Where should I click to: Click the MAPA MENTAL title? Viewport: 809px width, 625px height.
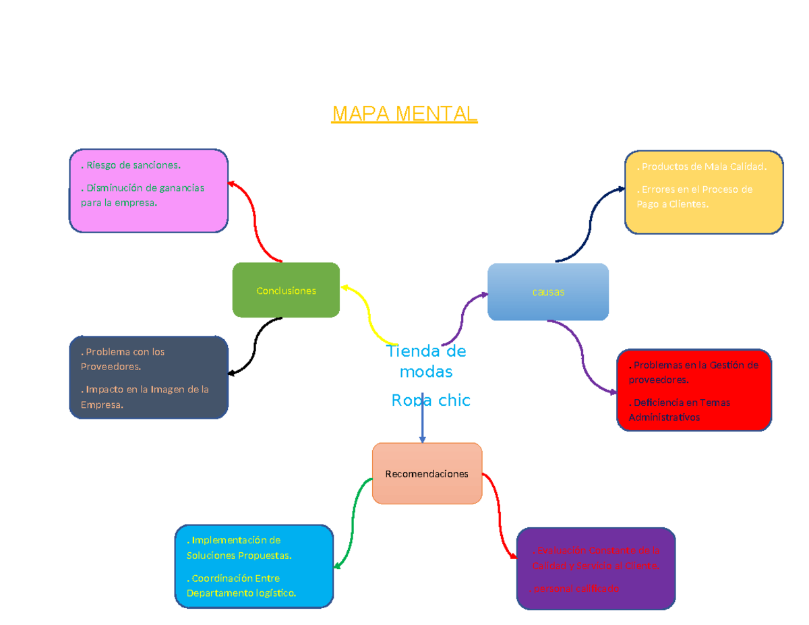pyautogui.click(x=404, y=114)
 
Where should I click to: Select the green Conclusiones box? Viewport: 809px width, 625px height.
pyautogui.click(x=286, y=290)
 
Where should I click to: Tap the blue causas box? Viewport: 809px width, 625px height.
pyautogui.click(x=547, y=292)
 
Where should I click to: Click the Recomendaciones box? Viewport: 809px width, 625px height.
pyautogui.click(x=427, y=473)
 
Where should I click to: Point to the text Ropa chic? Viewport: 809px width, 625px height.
pyautogui.click(x=430, y=400)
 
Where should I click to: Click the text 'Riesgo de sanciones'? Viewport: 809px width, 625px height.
pyautogui.click(x=131, y=165)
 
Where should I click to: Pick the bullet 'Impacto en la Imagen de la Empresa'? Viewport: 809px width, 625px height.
pyautogui.click(x=144, y=397)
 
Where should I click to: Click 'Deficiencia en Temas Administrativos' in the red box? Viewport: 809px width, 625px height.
pyautogui.click(x=679, y=410)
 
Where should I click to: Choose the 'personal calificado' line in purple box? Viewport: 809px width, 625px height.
pyautogui.click(x=576, y=589)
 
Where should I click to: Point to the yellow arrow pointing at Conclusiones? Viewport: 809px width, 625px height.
pyautogui.click(x=369, y=312)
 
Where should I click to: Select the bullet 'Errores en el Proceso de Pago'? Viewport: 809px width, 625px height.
pyautogui.click(x=694, y=197)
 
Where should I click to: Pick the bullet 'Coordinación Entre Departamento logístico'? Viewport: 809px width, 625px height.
pyautogui.click(x=241, y=586)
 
